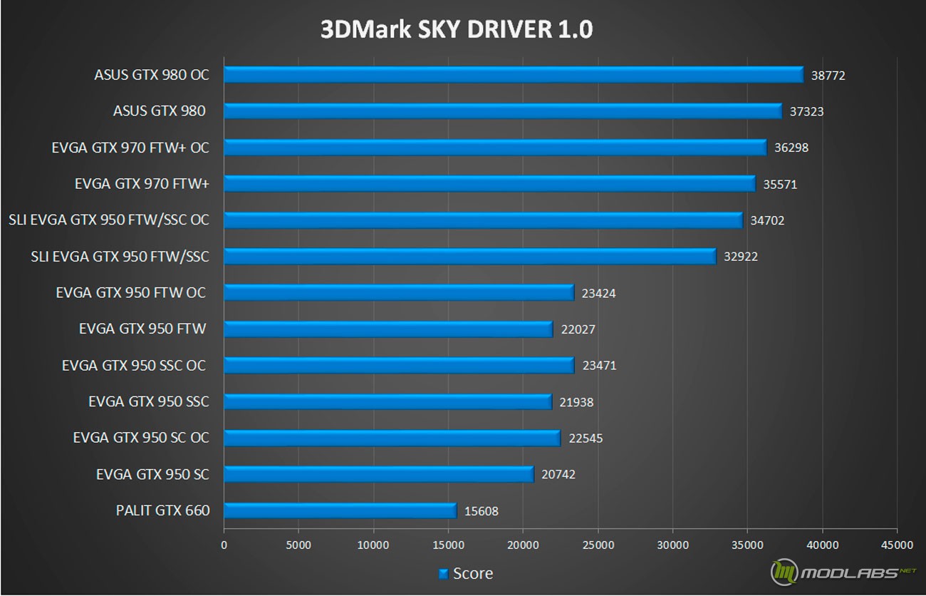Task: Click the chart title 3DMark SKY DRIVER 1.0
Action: coord(457,29)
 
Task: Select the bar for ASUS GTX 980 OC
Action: coord(513,75)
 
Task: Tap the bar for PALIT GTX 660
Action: coord(340,510)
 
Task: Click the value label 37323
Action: coord(807,111)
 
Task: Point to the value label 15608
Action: coord(482,511)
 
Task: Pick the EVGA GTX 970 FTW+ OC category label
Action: coord(130,148)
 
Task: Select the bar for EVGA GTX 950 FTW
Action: coord(388,329)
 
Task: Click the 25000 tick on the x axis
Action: coord(598,545)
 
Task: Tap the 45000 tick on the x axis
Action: coord(897,545)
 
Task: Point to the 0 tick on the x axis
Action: coord(224,545)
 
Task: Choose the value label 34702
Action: coord(767,220)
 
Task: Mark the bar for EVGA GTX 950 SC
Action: coord(378,474)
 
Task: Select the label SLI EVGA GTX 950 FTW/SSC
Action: coord(120,256)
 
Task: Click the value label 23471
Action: coord(599,366)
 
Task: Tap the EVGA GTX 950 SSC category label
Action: coord(149,401)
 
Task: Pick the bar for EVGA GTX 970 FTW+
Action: coord(489,184)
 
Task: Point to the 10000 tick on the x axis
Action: coord(373,545)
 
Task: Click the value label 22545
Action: coord(586,438)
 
